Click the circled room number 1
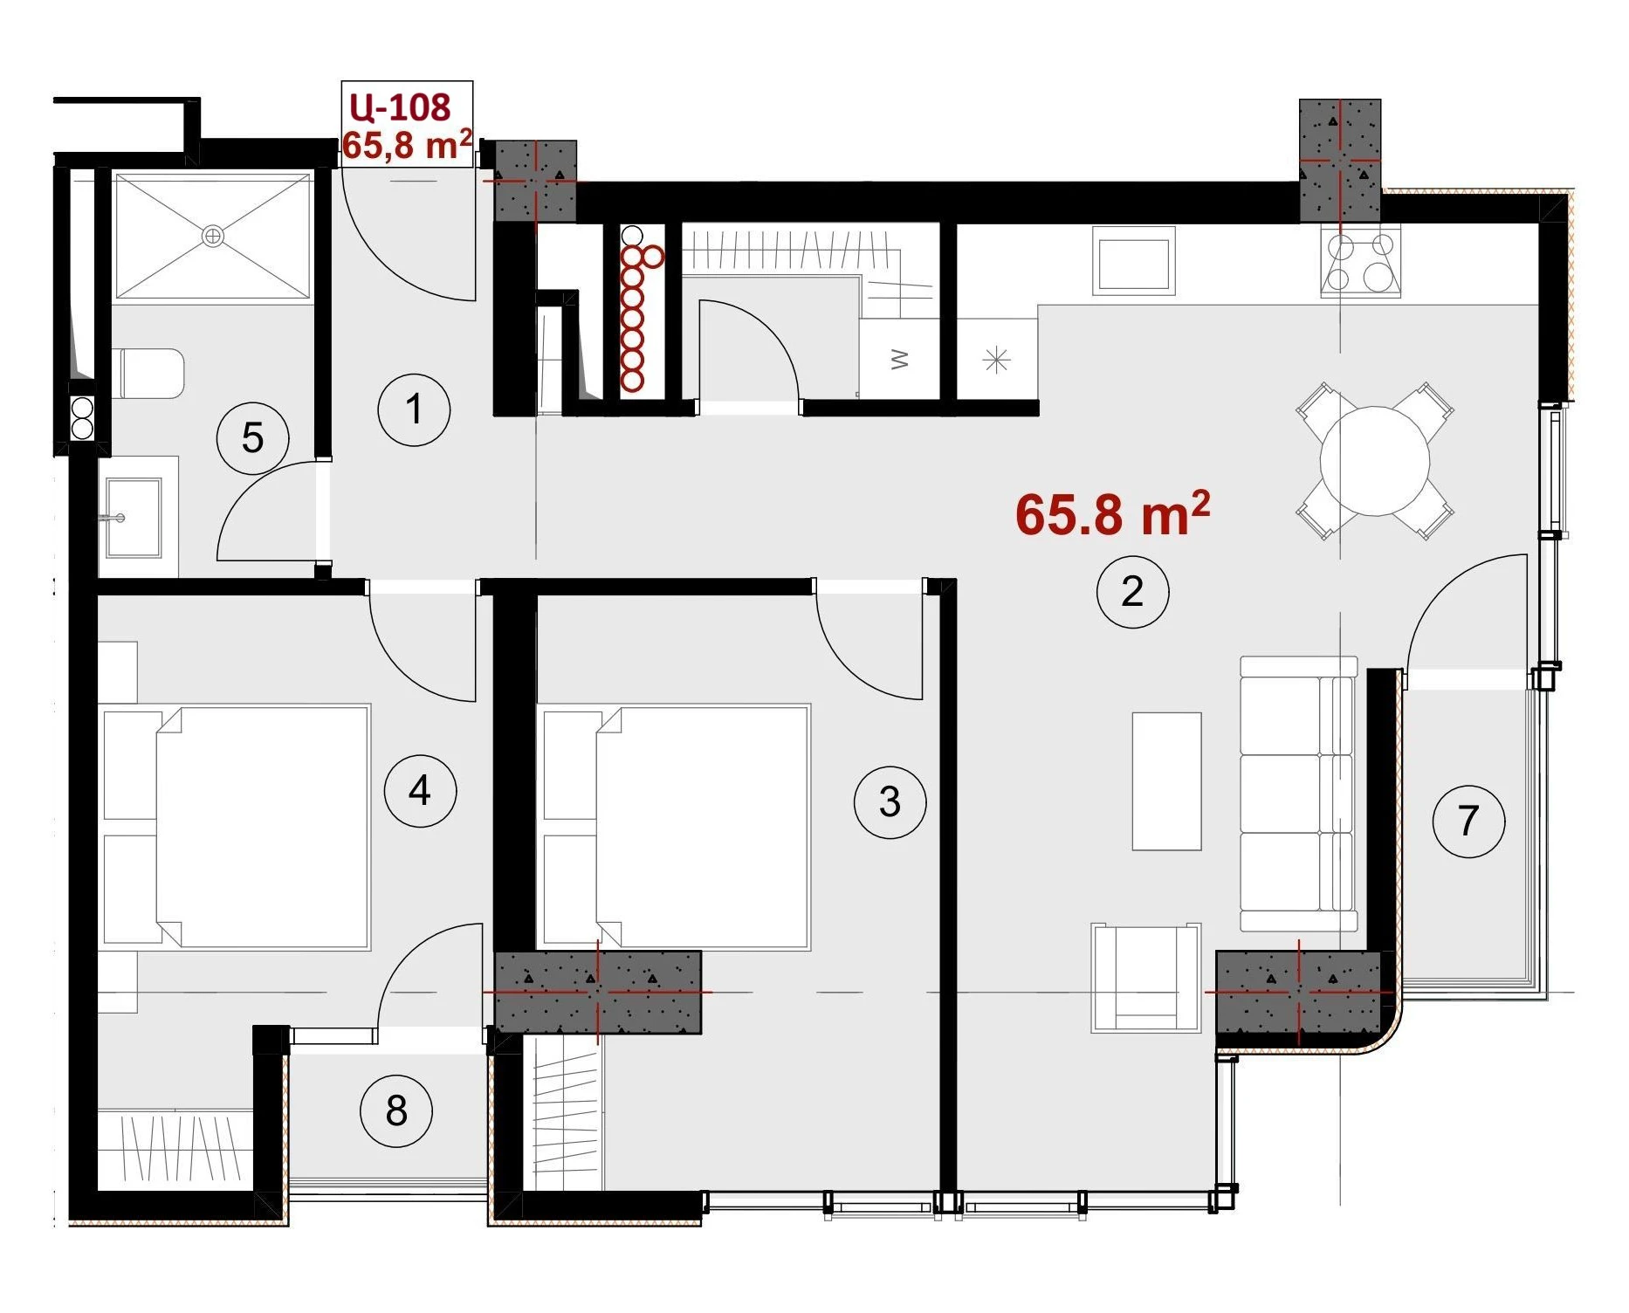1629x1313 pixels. click(414, 409)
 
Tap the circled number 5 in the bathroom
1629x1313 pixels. click(252, 437)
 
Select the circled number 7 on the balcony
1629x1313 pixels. click(1468, 821)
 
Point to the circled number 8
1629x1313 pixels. click(396, 1110)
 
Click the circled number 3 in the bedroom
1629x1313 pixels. click(890, 801)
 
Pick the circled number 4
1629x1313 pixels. click(420, 791)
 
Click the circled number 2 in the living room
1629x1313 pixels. click(1132, 592)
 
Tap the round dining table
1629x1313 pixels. click(1375, 461)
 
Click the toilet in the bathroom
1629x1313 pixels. click(148, 373)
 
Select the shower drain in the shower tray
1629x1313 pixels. click(213, 236)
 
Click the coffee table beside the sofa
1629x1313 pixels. click(1166, 781)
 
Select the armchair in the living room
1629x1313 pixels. click(1145, 979)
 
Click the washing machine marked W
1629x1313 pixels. click(899, 359)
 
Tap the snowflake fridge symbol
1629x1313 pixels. click(997, 360)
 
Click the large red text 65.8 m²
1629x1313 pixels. click(1113, 513)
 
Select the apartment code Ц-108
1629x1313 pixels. click(400, 107)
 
